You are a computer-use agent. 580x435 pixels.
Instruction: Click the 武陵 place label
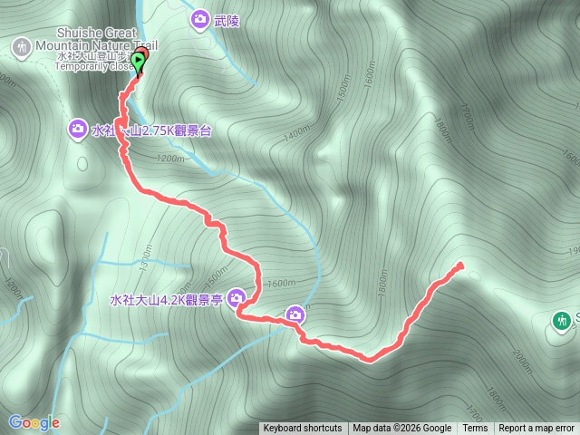(227, 19)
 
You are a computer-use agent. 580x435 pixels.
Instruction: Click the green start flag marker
(138, 62)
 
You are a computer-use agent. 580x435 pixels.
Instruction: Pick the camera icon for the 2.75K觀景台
(78, 130)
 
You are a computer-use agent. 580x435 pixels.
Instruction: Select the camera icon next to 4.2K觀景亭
(237, 297)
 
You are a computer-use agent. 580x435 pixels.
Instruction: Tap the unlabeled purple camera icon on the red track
(295, 314)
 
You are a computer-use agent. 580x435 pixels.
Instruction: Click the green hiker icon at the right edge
(563, 321)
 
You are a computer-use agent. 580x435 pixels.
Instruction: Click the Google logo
(34, 422)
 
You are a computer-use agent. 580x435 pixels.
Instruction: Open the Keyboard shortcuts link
(303, 429)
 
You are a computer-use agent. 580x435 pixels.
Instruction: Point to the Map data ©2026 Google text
(402, 429)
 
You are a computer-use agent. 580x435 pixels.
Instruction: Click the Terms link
(475, 429)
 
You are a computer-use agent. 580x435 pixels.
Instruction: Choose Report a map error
(536, 429)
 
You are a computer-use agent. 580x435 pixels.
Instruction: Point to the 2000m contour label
(523, 362)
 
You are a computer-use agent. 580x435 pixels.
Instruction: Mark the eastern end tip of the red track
(460, 265)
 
